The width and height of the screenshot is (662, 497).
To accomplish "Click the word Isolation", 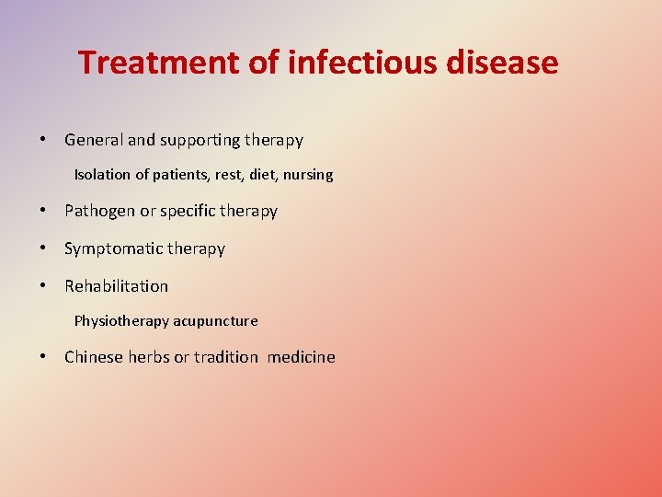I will [102, 174].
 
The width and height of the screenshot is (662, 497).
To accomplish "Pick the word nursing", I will [308, 175].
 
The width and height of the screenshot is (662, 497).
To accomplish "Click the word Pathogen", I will [99, 212].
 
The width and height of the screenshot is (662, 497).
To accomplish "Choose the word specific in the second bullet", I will [189, 212].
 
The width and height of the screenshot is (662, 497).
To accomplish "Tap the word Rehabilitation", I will [116, 286].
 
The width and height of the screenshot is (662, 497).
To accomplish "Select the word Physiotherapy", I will [121, 321].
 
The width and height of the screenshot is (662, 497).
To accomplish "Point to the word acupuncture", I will [215, 321].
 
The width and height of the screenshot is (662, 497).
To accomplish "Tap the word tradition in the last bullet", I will [226, 357].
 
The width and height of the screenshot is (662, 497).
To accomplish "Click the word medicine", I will [302, 357].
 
